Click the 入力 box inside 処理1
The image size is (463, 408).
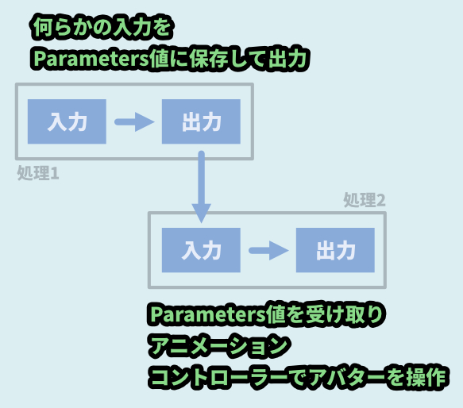click(67, 121)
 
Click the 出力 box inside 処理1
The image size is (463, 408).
click(201, 121)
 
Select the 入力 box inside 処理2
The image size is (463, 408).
click(201, 250)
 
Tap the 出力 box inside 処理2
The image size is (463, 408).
click(335, 250)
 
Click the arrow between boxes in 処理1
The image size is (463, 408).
click(134, 121)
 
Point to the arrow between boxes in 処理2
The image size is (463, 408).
click(268, 251)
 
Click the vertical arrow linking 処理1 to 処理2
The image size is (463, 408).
click(202, 187)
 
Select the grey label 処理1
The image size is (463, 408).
click(38, 173)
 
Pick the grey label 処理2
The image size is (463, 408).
click(365, 200)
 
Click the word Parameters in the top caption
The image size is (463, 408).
click(91, 59)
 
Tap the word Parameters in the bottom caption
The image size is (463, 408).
click(208, 314)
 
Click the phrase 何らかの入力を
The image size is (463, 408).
click(102, 27)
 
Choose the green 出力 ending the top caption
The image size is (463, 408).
click(287, 59)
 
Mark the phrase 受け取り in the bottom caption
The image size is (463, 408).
click(345, 314)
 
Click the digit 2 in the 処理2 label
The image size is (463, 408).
click(380, 201)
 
